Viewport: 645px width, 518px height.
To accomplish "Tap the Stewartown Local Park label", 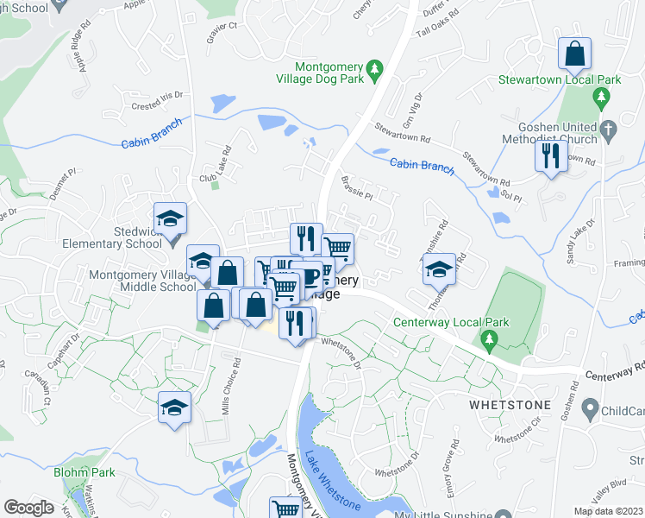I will click(x=560, y=80).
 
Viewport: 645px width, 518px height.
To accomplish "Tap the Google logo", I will click(x=28, y=508).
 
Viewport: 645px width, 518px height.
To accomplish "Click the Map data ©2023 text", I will click(x=608, y=511).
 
